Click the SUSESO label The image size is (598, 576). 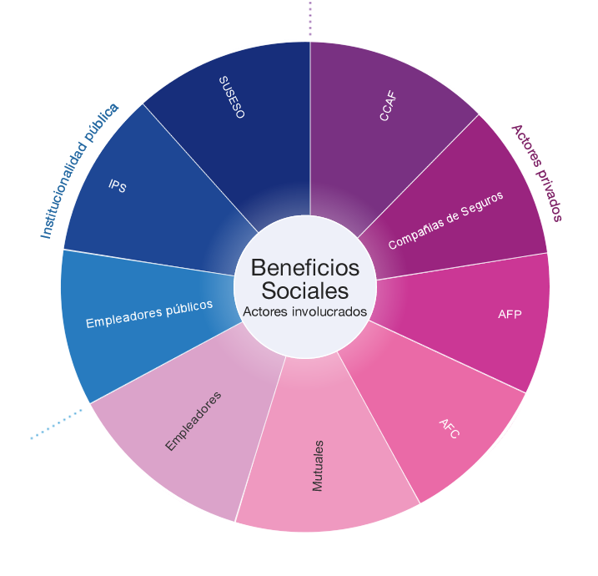pyautogui.click(x=232, y=97)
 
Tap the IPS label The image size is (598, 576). pyautogui.click(x=118, y=186)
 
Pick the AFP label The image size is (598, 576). pyautogui.click(x=510, y=314)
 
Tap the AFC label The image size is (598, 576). pyautogui.click(x=450, y=428)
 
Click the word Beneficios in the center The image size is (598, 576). pyautogui.click(x=305, y=268)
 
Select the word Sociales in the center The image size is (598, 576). pyautogui.click(x=305, y=291)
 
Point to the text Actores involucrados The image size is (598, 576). pyautogui.click(x=305, y=311)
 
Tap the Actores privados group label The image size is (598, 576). pyautogui.click(x=536, y=173)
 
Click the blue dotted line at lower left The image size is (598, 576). pyautogui.click(x=58, y=423)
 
